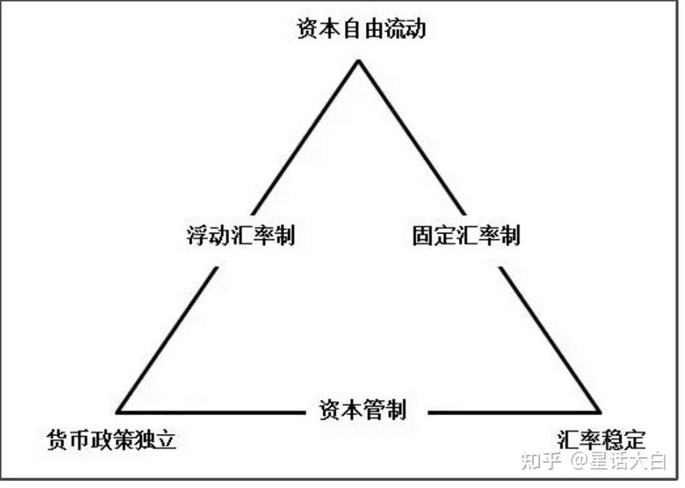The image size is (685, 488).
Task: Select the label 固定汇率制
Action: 466,235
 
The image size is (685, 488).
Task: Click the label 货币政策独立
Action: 111,439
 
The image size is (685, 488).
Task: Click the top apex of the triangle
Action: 359,60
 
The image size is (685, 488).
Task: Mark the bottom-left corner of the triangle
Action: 117,412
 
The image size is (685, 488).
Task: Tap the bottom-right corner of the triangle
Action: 600,412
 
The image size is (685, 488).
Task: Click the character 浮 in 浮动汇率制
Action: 194,235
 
